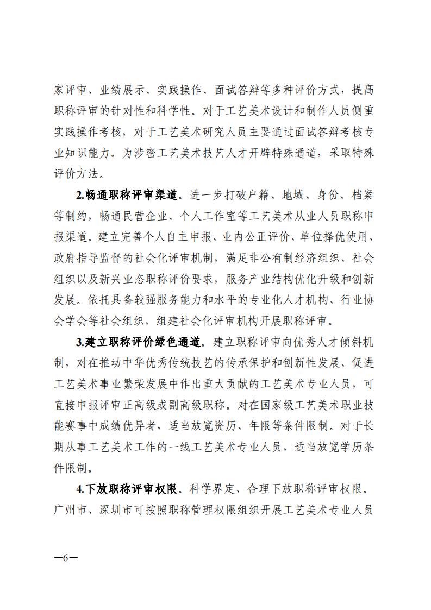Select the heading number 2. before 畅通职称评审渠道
point(79,194)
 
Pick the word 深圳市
point(118,511)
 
